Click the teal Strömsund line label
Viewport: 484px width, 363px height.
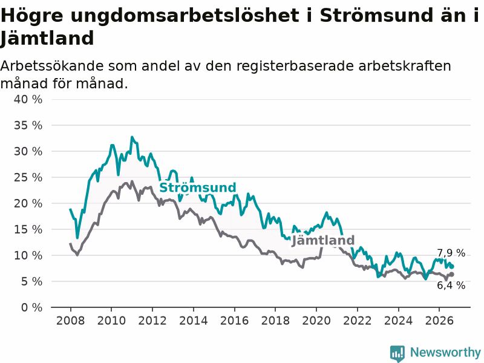pyautogui.click(x=198, y=188)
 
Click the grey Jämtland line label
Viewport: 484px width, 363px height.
pyautogui.click(x=323, y=240)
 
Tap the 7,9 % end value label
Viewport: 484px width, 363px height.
pyautogui.click(x=451, y=253)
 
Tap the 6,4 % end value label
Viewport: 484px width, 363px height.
pyautogui.click(x=451, y=285)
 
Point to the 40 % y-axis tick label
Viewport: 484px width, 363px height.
pyautogui.click(x=28, y=99)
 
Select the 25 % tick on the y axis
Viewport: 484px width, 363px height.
pyautogui.click(x=28, y=177)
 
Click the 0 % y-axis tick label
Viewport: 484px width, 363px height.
pyautogui.click(x=32, y=307)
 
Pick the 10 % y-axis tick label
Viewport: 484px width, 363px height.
pyautogui.click(x=28, y=255)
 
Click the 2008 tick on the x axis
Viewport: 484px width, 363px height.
pyautogui.click(x=70, y=321)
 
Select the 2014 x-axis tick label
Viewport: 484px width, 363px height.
pyautogui.click(x=194, y=321)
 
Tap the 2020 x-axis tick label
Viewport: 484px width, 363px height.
pyautogui.click(x=316, y=321)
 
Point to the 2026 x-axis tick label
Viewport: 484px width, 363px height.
pyautogui.click(x=439, y=321)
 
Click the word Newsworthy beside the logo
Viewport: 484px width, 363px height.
pyautogui.click(x=445, y=352)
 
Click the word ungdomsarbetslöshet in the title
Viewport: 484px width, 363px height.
pyautogui.click(x=185, y=16)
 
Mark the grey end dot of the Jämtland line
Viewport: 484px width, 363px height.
pyautogui.click(x=452, y=274)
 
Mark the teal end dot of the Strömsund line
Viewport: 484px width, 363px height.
pyautogui.click(x=452, y=266)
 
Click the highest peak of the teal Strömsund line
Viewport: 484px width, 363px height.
pyautogui.click(x=132, y=137)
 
